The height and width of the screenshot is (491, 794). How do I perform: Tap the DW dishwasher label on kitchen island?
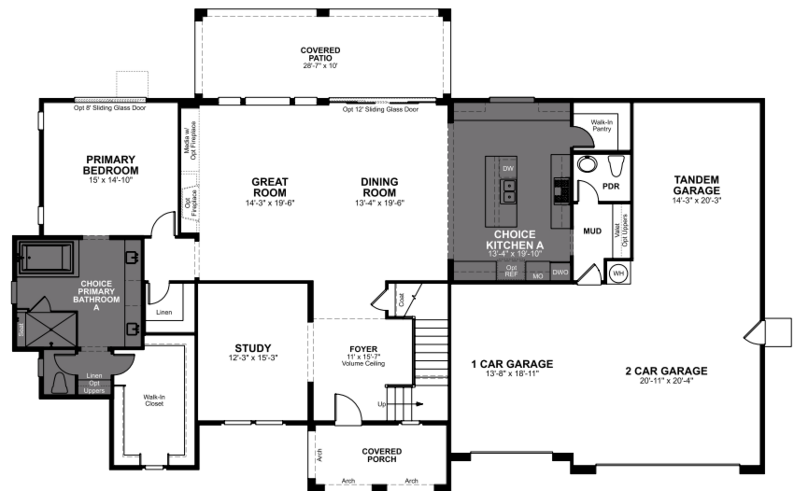[508, 169]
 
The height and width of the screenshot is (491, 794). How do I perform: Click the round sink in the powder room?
[587, 164]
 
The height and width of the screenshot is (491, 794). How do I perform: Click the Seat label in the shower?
[21, 329]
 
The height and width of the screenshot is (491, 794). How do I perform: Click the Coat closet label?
[401, 300]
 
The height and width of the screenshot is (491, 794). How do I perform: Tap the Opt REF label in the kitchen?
[511, 271]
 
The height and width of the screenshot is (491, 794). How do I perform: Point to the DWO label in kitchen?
[560, 272]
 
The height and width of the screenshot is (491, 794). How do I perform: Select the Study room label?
[253, 348]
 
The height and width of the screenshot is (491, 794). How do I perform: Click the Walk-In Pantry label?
[602, 126]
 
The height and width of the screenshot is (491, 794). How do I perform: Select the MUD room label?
[592, 231]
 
